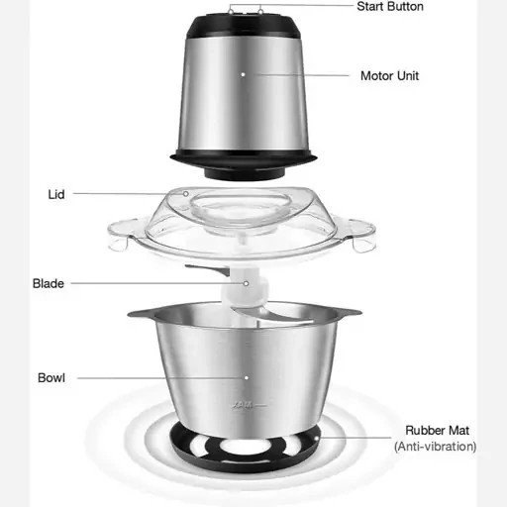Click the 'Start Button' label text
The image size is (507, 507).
pyautogui.click(x=390, y=7)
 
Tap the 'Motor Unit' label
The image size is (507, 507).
pyautogui.click(x=389, y=76)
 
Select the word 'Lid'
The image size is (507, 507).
pyautogui.click(x=56, y=194)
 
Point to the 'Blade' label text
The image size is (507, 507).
pyautogui.click(x=49, y=283)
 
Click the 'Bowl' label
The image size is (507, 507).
pyautogui.click(x=51, y=378)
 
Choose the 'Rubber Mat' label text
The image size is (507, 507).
pyautogui.click(x=437, y=431)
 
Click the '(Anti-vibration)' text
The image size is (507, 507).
pyautogui.click(x=435, y=447)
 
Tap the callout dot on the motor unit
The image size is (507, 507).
pyautogui.click(x=243, y=74)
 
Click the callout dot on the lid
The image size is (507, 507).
pyautogui.click(x=186, y=194)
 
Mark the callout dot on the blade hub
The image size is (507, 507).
pyautogui.click(x=246, y=283)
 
